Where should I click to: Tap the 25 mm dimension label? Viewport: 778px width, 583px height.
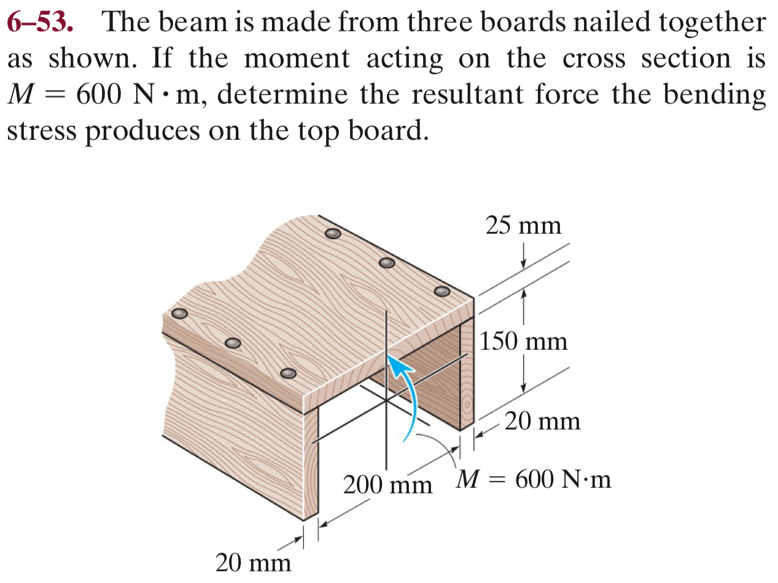point(523,225)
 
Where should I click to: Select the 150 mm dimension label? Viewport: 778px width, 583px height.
point(524,341)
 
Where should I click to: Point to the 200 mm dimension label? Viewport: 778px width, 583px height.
point(387,485)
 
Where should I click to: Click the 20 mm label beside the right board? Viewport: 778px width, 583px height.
point(542,421)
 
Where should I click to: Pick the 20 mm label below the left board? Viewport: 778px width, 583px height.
point(253,562)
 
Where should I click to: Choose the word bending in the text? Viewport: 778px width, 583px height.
point(720,96)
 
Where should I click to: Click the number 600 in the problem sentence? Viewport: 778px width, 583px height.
point(96,96)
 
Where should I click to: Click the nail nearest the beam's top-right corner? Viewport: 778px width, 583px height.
point(442,290)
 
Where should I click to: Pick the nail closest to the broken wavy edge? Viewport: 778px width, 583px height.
point(179,313)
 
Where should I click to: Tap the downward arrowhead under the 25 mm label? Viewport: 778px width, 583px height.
point(523,263)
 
